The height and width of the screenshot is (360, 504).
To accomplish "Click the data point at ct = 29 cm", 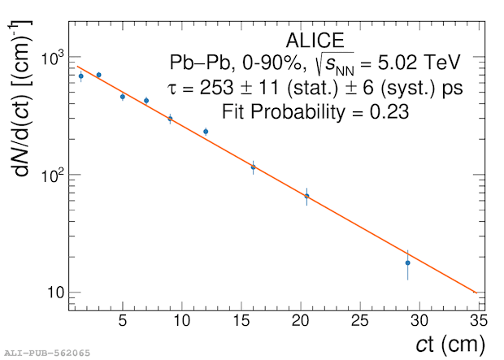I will click(x=407, y=262).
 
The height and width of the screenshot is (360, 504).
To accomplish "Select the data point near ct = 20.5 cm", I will click(x=306, y=196).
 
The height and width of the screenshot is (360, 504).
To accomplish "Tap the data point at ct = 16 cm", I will click(x=253, y=167).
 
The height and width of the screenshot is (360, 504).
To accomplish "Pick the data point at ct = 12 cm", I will click(x=206, y=131).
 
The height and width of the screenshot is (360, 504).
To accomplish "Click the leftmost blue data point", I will click(x=80, y=76).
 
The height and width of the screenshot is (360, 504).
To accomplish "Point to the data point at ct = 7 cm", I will click(x=146, y=101).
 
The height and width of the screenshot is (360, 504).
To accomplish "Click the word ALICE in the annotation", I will click(x=315, y=41).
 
